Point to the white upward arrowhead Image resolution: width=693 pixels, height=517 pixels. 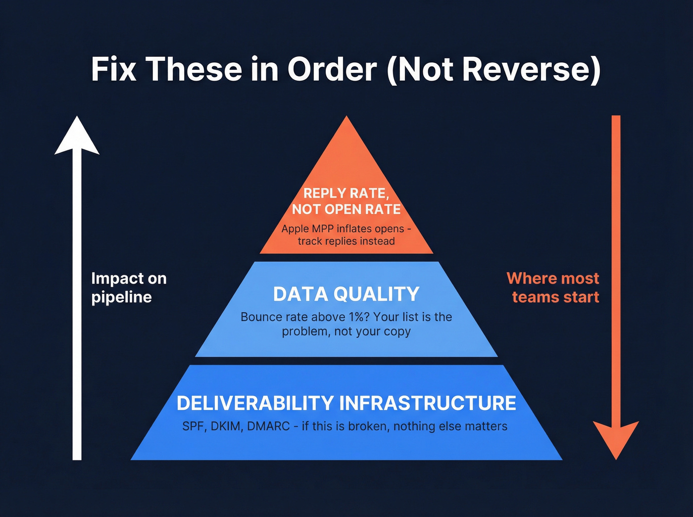pyautogui.click(x=77, y=136)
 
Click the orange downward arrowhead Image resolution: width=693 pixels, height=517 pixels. pyautogui.click(x=616, y=438)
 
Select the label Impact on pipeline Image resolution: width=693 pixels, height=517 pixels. pyautogui.click(x=129, y=287)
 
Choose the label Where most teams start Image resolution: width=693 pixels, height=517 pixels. pyautogui.click(x=553, y=287)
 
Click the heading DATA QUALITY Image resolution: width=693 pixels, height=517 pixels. pyautogui.click(x=346, y=294)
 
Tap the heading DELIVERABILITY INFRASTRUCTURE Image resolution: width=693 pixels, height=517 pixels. pyautogui.click(x=346, y=403)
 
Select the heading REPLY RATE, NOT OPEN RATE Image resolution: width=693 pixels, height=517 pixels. pyautogui.click(x=346, y=201)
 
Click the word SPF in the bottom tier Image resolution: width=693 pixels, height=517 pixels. pyautogui.click(x=193, y=426)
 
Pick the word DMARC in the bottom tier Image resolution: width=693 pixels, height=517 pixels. pyautogui.click(x=268, y=426)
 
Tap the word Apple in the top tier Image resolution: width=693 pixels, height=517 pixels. pyautogui.click(x=295, y=229)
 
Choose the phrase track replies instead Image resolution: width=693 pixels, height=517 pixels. pyautogui.click(x=346, y=241)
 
